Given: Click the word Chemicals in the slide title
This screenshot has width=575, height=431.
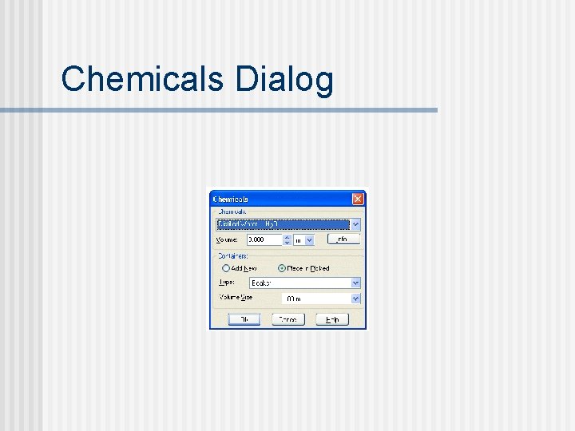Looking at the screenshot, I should tap(142, 80).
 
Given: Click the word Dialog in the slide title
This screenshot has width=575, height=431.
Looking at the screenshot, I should tap(284, 80).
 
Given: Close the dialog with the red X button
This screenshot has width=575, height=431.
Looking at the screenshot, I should tap(358, 199).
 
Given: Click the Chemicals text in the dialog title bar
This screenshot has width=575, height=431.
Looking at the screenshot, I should tap(231, 199).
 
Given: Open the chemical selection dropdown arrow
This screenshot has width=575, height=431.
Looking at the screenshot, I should tap(356, 225).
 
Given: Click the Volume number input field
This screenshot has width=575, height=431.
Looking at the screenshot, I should tap(264, 239).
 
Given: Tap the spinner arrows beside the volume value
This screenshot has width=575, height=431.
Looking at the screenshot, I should tap(287, 239).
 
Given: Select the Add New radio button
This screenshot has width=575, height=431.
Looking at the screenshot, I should tap(226, 268).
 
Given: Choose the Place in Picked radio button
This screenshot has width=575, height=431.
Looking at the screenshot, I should tap(282, 268).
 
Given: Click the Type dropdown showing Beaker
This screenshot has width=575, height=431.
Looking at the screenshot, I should tap(299, 283).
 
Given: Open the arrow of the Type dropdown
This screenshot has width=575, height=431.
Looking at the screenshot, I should tap(356, 283).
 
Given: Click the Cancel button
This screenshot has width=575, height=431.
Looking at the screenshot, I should tap(287, 319).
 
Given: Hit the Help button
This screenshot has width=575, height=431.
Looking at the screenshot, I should tap(332, 319).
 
